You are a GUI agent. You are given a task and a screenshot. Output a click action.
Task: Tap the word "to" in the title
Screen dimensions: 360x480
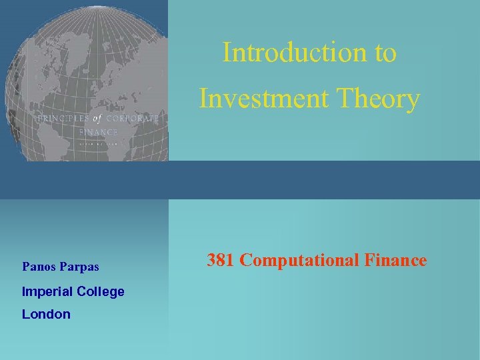[x=385, y=53]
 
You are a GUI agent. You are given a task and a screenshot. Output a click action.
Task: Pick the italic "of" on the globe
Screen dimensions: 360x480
[x=97, y=118]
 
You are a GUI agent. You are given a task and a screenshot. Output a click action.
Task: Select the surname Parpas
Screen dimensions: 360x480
[x=80, y=267]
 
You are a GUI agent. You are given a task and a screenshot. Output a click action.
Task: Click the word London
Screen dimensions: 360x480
[x=46, y=314]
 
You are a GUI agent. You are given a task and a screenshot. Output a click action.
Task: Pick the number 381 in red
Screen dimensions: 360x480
[x=221, y=260]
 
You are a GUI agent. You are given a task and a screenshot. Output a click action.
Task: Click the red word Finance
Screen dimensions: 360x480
[x=395, y=260]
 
